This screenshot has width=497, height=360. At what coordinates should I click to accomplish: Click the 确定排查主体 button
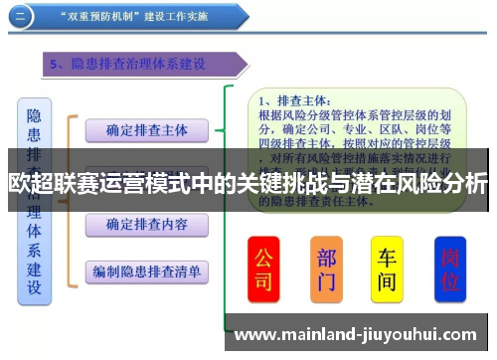(x=145, y=129)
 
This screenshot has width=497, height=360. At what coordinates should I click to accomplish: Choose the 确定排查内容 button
(x=145, y=225)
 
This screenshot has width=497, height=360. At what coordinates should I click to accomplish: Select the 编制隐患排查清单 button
(x=145, y=270)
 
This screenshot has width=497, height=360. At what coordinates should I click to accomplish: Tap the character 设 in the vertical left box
(x=34, y=289)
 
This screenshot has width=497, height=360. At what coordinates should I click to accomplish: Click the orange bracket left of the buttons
(x=70, y=199)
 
